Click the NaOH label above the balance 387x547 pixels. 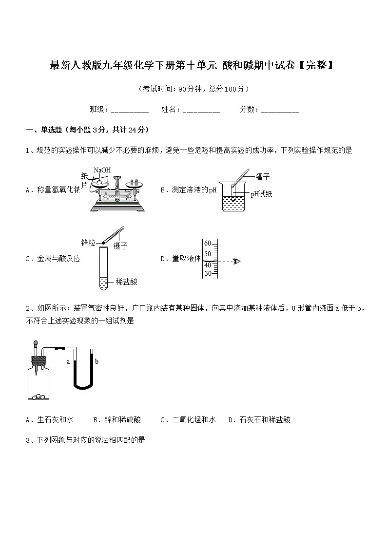tap(102, 170)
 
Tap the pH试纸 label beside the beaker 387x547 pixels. tap(261, 194)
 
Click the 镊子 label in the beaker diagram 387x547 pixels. tap(262, 177)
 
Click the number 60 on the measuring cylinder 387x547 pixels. tap(208, 243)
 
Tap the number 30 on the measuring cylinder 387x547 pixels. tap(208, 273)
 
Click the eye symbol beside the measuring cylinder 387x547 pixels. tap(237, 262)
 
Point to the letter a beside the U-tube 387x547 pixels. tap(68, 362)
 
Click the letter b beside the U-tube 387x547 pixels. tap(97, 361)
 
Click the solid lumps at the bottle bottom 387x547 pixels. tap(38, 396)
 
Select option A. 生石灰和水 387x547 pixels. tap(49, 419)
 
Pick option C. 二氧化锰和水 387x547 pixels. tap(187, 419)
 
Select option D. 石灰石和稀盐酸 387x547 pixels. tap(259, 419)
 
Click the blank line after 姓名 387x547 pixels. tap(201, 111)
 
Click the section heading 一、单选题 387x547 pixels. tap(44, 130)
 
